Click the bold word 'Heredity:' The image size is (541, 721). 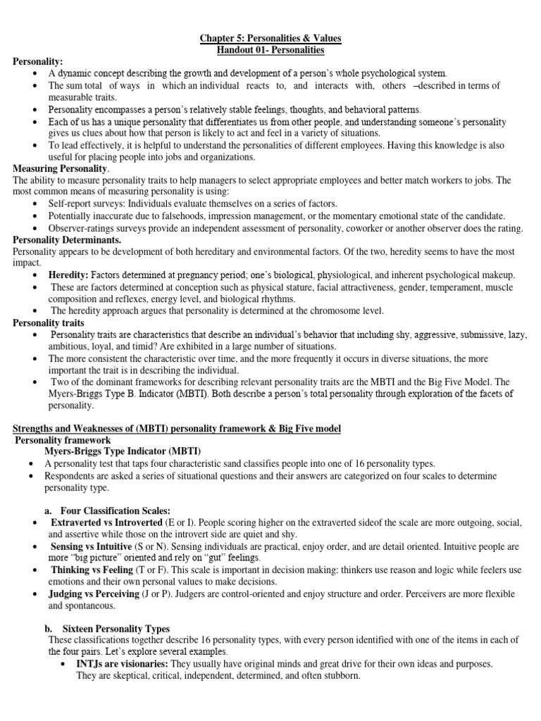(x=68, y=275)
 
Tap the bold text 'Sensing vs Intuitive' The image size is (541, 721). (x=90, y=546)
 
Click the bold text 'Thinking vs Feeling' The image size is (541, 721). (x=92, y=570)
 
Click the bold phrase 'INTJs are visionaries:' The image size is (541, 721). (x=120, y=664)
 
